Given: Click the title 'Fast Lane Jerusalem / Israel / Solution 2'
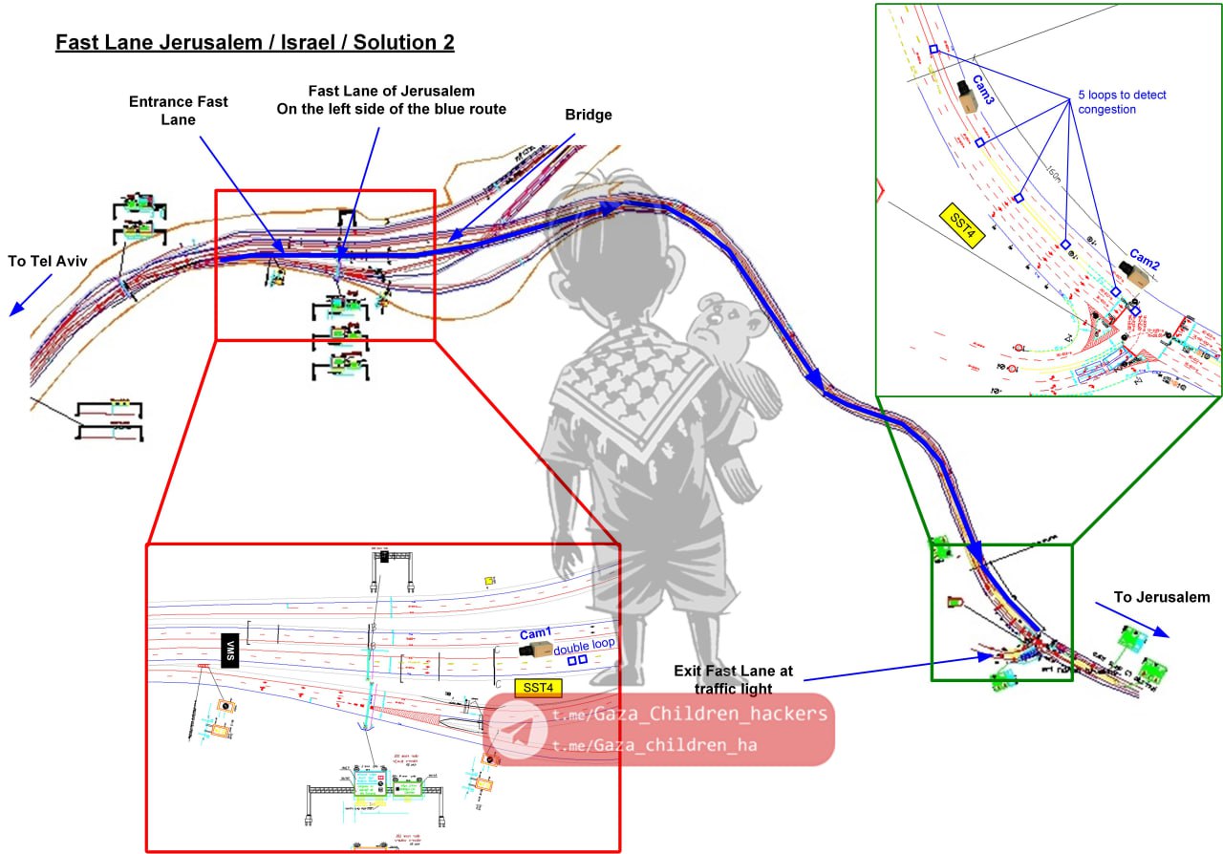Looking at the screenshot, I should pos(254,43).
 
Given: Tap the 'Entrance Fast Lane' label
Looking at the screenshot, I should pos(179,110).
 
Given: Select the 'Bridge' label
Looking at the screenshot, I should pos(588,115).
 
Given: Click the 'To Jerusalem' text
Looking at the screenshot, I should pos(1161,598).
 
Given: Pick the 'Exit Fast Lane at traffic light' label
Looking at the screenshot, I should pos(733,679).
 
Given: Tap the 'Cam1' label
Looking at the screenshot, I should pos(536,633).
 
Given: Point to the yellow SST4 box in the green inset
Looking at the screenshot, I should pos(961,225).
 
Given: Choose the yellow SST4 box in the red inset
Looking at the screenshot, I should pos(539,686).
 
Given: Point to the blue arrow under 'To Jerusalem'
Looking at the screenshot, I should pos(1132,619).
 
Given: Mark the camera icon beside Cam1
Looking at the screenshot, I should pos(535,650).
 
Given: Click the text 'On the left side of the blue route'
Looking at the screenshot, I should pos(392,109).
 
